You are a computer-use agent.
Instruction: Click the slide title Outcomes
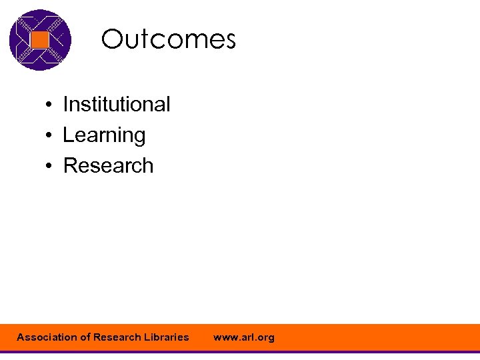point(168,40)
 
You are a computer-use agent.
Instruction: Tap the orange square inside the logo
point(40,40)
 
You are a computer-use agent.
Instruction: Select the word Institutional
point(116,105)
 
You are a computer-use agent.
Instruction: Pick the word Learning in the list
point(104,135)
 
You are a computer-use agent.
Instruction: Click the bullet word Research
point(108,166)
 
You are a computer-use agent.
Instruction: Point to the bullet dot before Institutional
point(49,105)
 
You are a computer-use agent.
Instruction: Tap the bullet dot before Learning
point(49,136)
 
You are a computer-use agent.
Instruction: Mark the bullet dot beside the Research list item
point(49,167)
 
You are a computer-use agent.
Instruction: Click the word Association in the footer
point(47,337)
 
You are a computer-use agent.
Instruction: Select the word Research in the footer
point(117,337)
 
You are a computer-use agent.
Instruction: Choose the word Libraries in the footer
point(166,337)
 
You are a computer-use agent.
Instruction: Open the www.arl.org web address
point(243,337)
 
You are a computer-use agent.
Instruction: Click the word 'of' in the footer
point(85,337)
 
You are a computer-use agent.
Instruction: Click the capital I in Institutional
point(65,105)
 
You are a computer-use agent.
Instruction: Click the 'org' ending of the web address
point(265,338)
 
